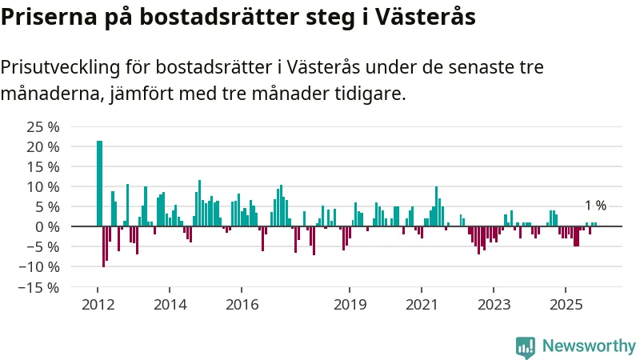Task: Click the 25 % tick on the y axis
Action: pyautogui.click(x=43, y=127)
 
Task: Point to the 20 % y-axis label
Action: pyautogui.click(x=43, y=147)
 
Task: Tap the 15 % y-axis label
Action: pyautogui.click(x=43, y=167)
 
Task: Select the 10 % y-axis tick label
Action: pyautogui.click(x=43, y=187)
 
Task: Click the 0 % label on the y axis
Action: pyautogui.click(x=47, y=226)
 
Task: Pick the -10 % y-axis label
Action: pyautogui.click(x=40, y=266)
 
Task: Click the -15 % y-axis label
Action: pyautogui.click(x=40, y=286)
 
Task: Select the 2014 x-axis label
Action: pyautogui.click(x=170, y=304)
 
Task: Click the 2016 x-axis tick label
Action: pyautogui.click(x=242, y=304)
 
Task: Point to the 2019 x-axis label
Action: pyautogui.click(x=349, y=304)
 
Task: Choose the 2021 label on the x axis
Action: pyautogui.click(x=422, y=304)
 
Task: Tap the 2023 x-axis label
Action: pyautogui.click(x=494, y=304)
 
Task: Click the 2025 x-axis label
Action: pyautogui.click(x=566, y=304)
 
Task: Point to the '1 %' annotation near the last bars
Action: pyautogui.click(x=595, y=206)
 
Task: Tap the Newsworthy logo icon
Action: pyautogui.click(x=526, y=346)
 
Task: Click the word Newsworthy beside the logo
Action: pyautogui.click(x=589, y=346)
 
